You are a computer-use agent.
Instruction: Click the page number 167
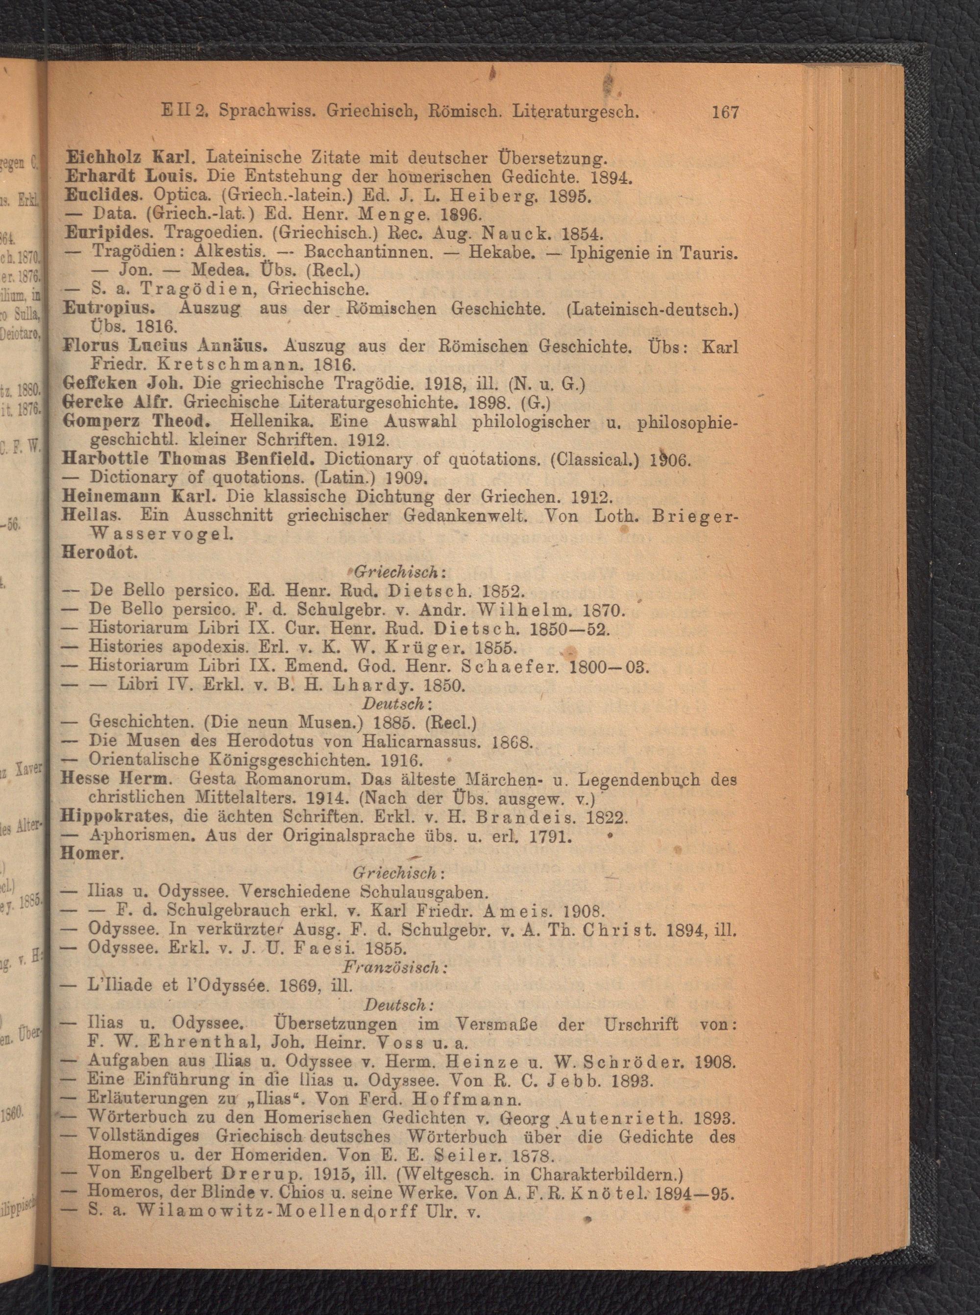pyautogui.click(x=724, y=112)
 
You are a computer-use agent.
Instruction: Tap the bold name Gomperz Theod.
pyautogui.click(x=138, y=422)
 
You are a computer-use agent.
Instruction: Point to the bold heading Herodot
pyautogui.click(x=99, y=552)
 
